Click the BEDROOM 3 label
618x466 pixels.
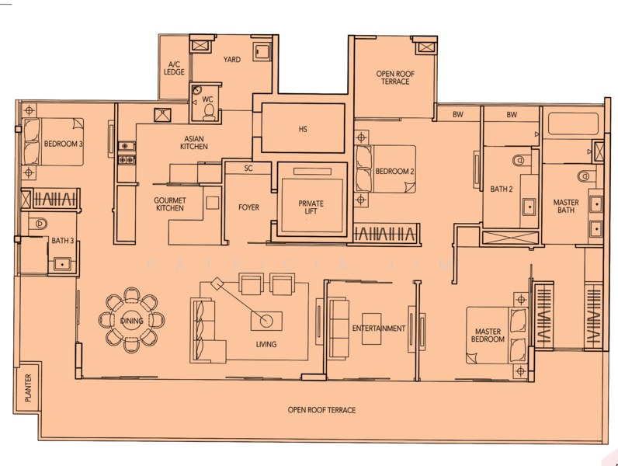coord(64,144)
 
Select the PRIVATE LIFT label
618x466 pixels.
coord(311,208)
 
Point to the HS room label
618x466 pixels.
coord(303,130)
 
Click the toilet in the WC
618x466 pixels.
coord(208,111)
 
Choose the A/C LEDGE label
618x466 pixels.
coord(174,68)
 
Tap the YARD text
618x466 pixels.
coord(231,59)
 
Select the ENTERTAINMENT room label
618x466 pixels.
coord(378,329)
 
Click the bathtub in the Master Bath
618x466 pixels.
coord(572,124)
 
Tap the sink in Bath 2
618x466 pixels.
coord(528,207)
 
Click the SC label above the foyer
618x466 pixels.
coord(248,168)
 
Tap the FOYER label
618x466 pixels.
coord(248,207)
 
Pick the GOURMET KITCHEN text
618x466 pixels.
coord(169,203)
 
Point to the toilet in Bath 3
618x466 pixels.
coord(40,224)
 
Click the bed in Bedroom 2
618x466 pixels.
coord(384,169)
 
